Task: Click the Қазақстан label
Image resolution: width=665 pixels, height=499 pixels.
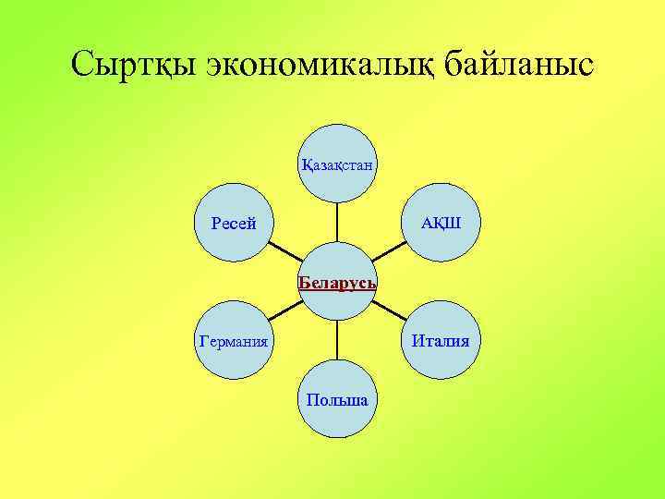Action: (337, 165)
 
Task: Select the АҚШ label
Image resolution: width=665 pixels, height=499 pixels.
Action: (441, 224)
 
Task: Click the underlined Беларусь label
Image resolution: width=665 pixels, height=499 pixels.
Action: (337, 282)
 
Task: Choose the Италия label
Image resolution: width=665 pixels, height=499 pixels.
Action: (441, 341)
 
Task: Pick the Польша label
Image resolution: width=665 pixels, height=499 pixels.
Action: (337, 400)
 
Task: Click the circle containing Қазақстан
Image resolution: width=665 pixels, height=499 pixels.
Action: (337, 185)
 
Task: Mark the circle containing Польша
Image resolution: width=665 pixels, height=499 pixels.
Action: (337, 420)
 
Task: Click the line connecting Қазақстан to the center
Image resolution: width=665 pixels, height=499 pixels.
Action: (337, 224)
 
